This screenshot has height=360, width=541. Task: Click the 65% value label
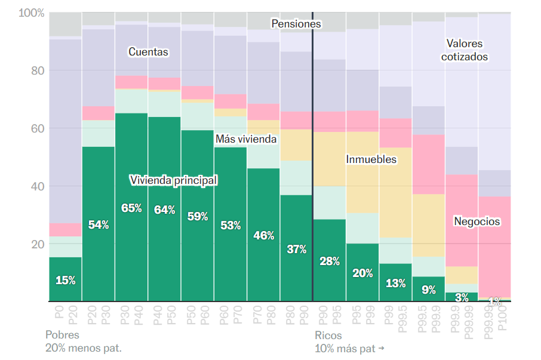131,208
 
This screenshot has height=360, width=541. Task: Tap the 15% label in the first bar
65,280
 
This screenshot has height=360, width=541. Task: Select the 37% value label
296,250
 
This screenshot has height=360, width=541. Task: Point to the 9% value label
429,291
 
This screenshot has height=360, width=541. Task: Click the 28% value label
329,261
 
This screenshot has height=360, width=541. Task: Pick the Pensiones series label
296,24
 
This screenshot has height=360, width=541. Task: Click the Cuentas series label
149,52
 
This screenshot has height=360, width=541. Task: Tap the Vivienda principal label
173,180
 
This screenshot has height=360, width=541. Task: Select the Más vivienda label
245,139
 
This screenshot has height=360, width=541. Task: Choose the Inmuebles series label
371,159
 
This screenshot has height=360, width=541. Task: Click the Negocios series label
477,221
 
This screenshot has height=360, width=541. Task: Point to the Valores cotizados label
465,50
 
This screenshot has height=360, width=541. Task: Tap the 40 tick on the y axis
37,186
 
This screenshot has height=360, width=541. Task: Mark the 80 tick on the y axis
37,70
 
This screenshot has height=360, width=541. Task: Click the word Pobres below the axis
62,335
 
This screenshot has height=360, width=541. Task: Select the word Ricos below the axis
328,335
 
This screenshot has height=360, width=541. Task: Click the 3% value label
462,297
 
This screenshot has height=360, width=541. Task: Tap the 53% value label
230,226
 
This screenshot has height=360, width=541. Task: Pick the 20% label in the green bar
362,273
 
